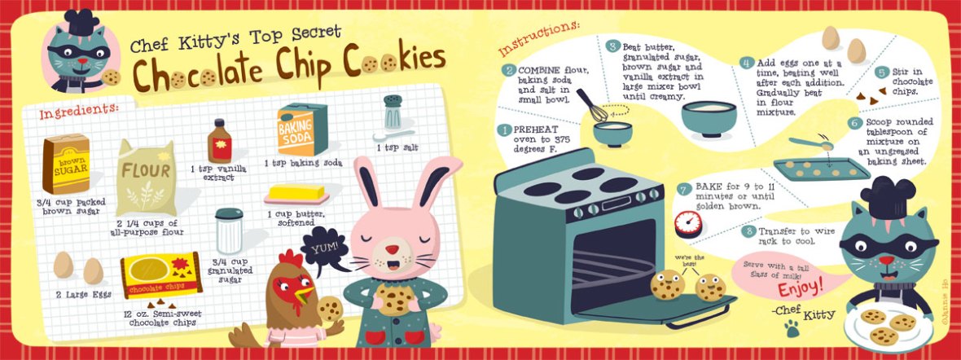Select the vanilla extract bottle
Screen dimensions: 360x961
point(219,141)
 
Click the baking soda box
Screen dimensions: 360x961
point(302,129)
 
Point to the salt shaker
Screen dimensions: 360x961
point(392,112)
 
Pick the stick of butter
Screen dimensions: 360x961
point(297,193)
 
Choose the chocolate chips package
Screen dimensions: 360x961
point(160,275)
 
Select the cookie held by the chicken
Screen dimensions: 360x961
point(330,308)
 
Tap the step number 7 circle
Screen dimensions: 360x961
point(683,189)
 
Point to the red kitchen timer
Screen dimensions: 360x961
point(687,224)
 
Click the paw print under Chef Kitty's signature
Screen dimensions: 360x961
point(791,329)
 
